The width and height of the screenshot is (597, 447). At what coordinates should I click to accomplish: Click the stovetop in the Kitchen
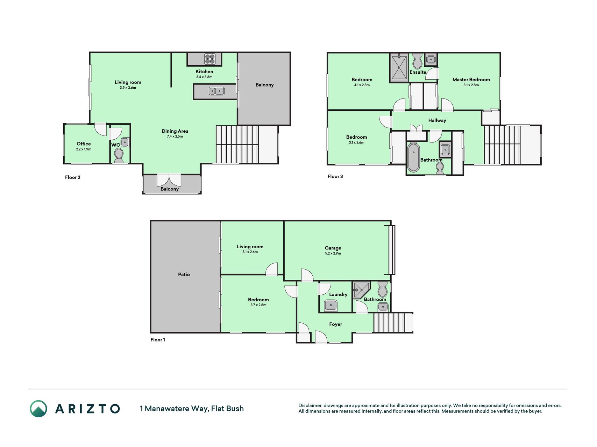(x=210, y=59)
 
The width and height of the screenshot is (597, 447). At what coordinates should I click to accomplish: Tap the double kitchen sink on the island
(x=217, y=91)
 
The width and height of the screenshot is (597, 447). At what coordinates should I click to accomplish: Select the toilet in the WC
(x=119, y=155)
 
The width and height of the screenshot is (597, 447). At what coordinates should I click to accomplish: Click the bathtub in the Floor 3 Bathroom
(x=413, y=157)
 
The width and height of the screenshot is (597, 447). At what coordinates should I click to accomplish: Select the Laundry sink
(x=331, y=306)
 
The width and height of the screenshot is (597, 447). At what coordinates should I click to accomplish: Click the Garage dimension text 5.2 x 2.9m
(x=333, y=253)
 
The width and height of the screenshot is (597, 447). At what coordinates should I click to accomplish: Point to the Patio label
(x=184, y=274)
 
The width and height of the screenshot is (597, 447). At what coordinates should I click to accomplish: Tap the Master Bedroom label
(x=471, y=80)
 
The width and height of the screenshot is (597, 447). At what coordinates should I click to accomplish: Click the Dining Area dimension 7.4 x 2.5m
(x=175, y=136)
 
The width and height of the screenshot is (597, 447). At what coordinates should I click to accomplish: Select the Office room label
(x=84, y=144)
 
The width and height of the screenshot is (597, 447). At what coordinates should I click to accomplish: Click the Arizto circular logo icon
(x=38, y=409)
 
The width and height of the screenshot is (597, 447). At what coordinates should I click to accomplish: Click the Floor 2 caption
(x=73, y=177)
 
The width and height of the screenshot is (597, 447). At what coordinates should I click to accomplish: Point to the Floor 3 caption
(x=335, y=176)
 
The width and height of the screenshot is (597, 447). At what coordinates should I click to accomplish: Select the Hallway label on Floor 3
(x=437, y=120)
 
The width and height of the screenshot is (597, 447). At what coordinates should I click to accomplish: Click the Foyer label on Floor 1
(x=335, y=324)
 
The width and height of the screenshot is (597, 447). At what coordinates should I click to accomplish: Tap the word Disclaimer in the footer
(x=310, y=405)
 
